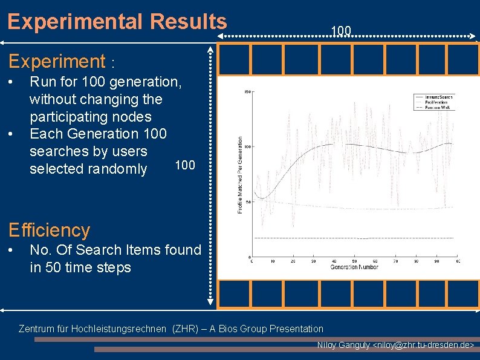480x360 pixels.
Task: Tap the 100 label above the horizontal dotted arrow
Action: [341, 31]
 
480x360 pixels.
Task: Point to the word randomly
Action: [118, 169]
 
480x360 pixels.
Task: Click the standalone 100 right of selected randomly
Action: [184, 165]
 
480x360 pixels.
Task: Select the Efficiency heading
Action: [48, 230]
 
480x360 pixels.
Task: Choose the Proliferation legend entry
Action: [436, 102]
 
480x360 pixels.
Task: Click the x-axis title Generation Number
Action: [354, 267]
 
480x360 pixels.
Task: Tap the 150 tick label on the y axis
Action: [247, 92]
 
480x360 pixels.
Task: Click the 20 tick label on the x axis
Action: [293, 261]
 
